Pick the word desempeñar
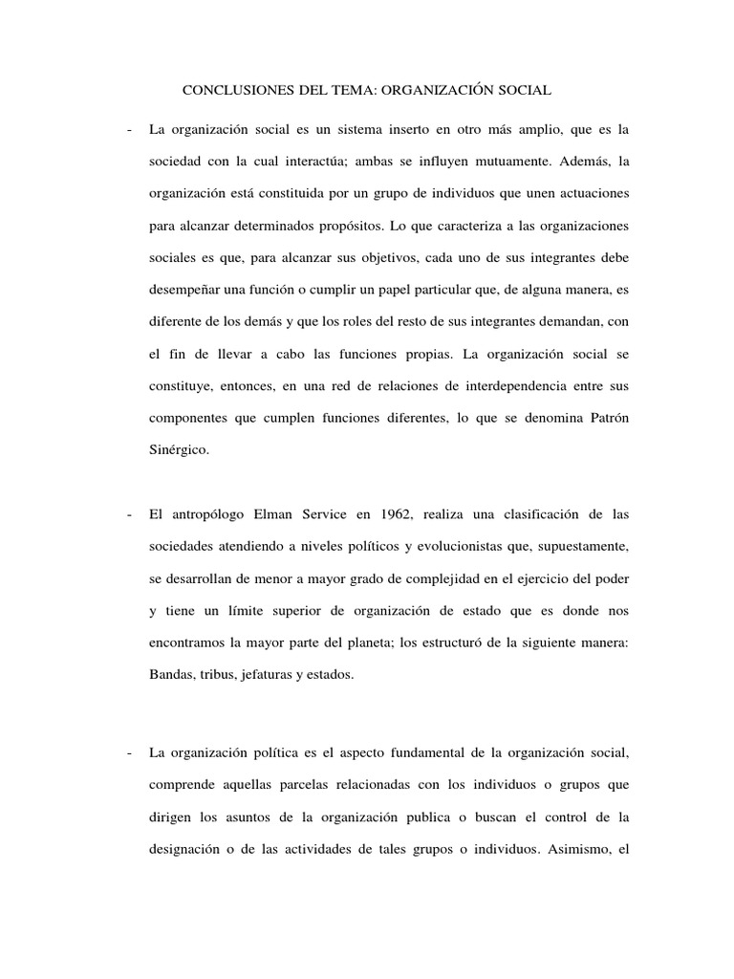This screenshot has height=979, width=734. click(x=186, y=292)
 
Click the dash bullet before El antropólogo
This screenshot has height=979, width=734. click(x=129, y=515)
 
